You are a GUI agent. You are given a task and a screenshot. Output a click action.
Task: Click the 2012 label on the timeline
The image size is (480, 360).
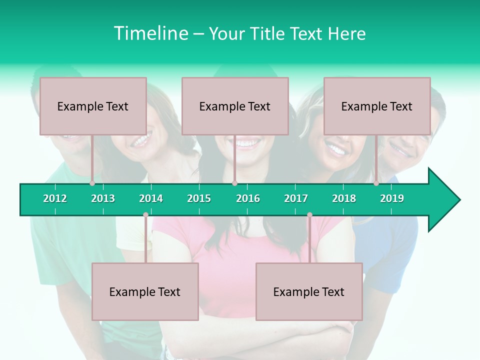pos(55,198)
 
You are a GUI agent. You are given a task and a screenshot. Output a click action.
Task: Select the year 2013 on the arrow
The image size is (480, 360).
pos(103,198)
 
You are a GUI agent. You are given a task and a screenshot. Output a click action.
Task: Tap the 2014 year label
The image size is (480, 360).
pos(151,198)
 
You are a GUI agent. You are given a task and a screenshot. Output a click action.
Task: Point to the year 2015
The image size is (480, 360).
pos(199,198)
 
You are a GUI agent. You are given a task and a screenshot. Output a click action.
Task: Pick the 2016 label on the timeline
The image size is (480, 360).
pos(248,198)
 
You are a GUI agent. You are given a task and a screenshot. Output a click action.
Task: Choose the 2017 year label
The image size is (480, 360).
pos(296,198)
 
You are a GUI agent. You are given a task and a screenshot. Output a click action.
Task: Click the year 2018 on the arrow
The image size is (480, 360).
pos(344,198)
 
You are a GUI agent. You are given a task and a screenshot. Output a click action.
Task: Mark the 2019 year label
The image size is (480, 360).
pos(392,198)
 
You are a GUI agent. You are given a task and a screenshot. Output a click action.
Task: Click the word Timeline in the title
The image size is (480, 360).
pos(150,33)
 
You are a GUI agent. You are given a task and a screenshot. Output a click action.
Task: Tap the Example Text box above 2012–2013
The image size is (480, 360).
pos(93,106)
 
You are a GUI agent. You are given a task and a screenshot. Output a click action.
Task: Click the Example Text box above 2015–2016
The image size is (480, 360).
pos(235,106)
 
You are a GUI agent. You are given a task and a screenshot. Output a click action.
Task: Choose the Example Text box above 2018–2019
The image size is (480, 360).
pos(377,106)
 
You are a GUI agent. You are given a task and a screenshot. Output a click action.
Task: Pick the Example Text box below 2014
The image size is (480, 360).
pos(145,291)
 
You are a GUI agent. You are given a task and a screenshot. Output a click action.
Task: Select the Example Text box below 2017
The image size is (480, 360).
pos(309,291)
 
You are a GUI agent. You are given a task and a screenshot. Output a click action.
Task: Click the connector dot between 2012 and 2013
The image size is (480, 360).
pos(92,183)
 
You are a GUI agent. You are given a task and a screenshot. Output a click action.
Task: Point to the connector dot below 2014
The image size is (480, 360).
pos(145,215)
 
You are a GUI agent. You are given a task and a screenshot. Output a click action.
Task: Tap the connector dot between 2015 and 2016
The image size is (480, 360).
pos(234,183)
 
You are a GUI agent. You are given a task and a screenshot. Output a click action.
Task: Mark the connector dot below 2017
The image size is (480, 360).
pos(309,215)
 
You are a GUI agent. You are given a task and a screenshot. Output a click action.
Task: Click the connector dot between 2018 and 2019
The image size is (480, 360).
pos(376,183)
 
